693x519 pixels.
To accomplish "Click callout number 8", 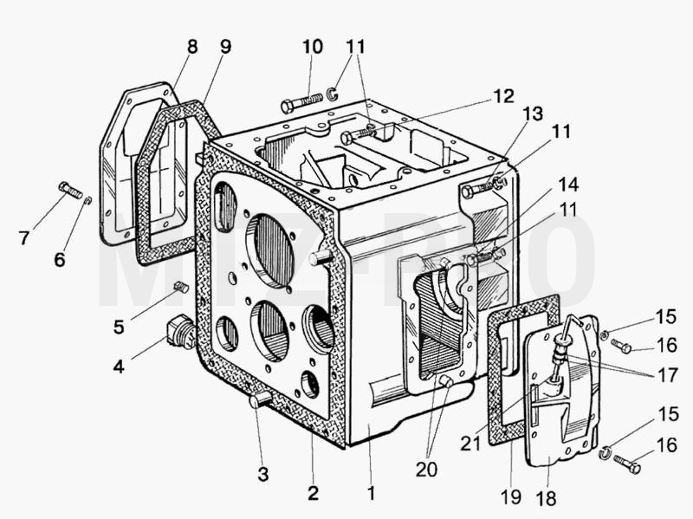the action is point(192,47).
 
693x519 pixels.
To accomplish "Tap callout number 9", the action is point(225,47).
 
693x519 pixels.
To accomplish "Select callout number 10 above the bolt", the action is point(313,47).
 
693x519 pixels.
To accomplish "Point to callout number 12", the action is point(504,96).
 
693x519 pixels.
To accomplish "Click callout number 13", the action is point(533,114).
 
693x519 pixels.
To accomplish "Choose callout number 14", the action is point(568,185).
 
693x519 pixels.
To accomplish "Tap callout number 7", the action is point(24,238).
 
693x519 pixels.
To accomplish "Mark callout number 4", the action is point(119,366).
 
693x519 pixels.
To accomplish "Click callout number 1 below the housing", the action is point(372,493).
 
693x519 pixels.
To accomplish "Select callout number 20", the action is point(426,470).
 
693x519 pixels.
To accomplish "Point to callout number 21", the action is point(470,444).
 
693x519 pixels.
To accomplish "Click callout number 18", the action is point(546,499).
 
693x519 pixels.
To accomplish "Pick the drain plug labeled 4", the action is point(180,333).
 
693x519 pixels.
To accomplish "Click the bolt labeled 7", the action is point(71,191).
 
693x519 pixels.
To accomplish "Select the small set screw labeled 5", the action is point(182,287).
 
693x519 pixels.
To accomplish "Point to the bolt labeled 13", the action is point(476,189).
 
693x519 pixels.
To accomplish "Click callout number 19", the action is point(511,496).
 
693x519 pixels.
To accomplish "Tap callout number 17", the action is point(667,375).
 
